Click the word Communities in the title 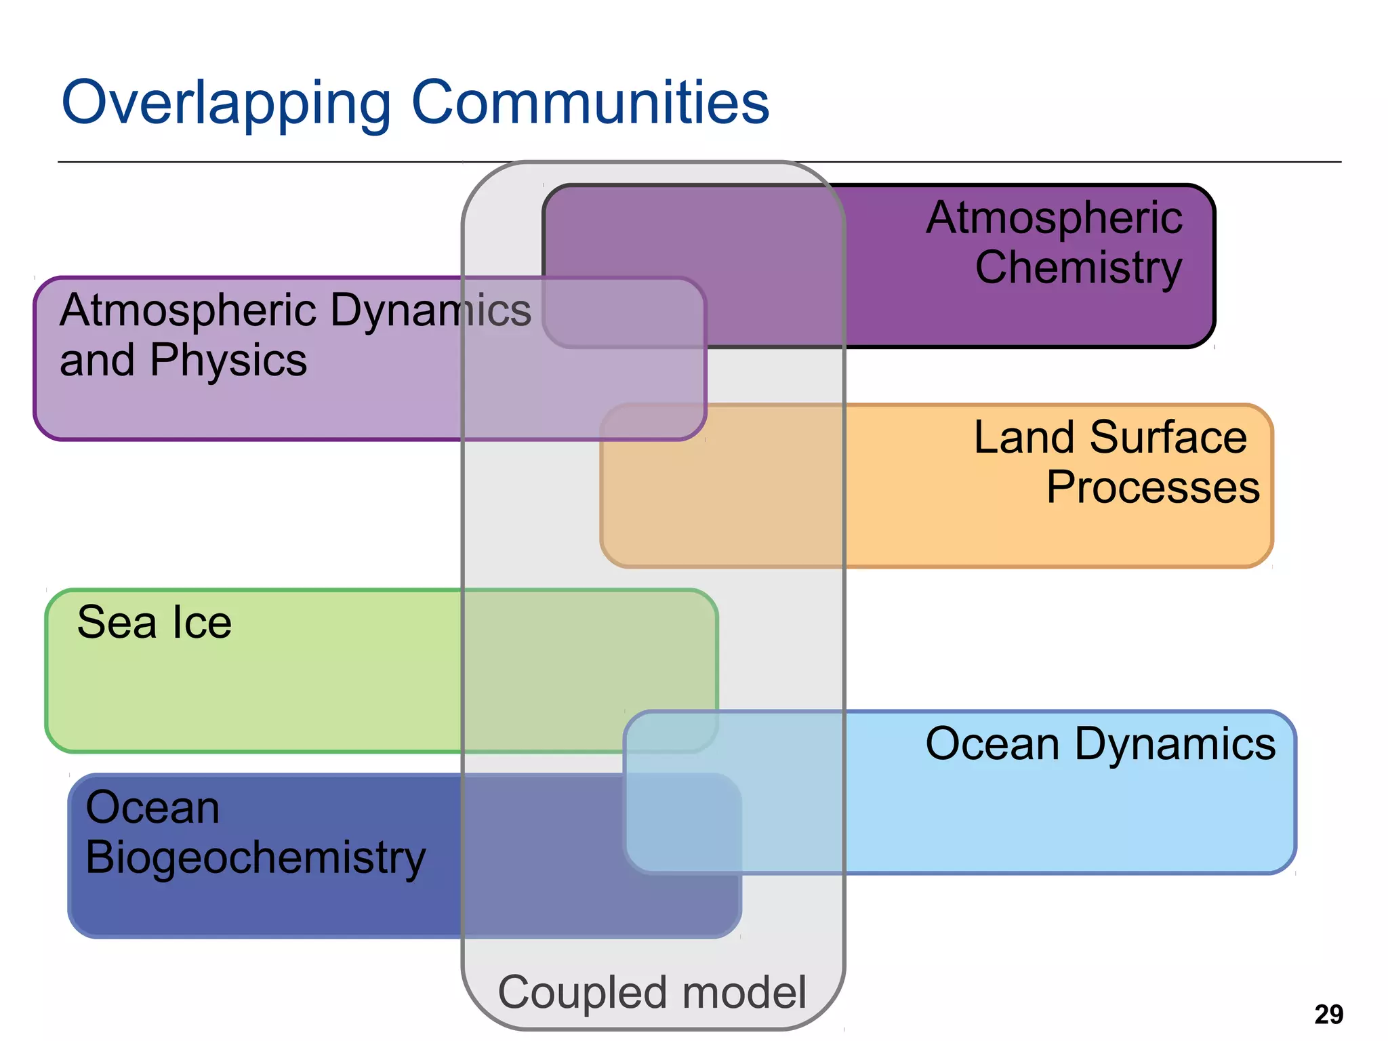(590, 103)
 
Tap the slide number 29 (1328, 1015)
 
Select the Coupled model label (652, 992)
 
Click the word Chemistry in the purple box (1078, 268)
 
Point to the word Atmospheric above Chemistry (1054, 218)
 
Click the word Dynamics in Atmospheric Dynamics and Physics (430, 311)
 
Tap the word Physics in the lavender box (228, 361)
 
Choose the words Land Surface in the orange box (1109, 437)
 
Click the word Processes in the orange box (1152, 487)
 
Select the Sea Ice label (155, 622)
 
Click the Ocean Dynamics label (1100, 744)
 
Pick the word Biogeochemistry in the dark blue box (256, 858)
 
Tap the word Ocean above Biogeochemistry (152, 808)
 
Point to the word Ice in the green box (202, 622)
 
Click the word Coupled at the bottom (584, 992)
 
